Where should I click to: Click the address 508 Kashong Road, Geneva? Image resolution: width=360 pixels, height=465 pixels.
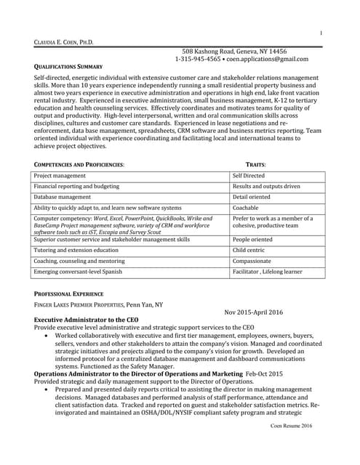pos(233,52)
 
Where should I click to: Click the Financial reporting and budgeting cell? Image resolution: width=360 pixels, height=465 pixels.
pos(76,186)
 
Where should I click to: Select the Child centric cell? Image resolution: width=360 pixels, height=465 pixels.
pos(249,249)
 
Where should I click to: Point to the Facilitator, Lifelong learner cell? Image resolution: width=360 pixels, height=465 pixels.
pos(267,272)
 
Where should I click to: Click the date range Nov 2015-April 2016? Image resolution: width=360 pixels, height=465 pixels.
pos(254,312)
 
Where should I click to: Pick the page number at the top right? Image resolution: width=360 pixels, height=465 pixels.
pos(321,34)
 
